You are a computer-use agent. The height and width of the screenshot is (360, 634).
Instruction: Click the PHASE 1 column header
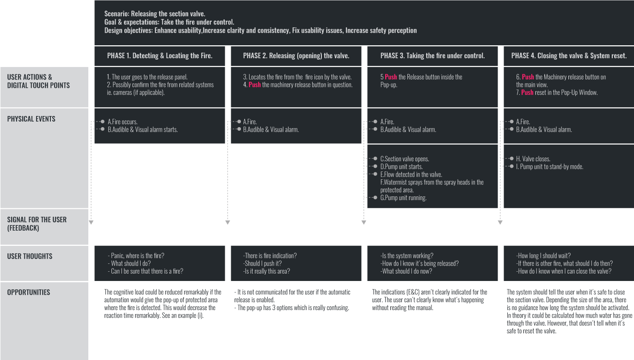[x=160, y=56]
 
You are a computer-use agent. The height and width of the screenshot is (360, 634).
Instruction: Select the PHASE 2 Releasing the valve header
[x=296, y=56]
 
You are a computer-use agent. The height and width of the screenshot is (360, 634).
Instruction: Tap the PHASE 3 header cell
[x=432, y=56]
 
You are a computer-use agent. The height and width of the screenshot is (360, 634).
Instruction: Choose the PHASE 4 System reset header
[x=569, y=56]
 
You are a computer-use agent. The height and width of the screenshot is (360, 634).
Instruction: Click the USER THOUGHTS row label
[x=30, y=256]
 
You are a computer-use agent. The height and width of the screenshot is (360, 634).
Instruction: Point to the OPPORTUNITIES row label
[x=29, y=293]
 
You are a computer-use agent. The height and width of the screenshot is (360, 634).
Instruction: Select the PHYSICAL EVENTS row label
[x=31, y=119]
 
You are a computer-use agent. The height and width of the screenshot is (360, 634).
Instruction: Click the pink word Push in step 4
[x=254, y=85]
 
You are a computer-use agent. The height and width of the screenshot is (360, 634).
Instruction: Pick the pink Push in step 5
[x=391, y=77]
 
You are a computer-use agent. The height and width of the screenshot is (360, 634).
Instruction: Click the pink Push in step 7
[x=527, y=92]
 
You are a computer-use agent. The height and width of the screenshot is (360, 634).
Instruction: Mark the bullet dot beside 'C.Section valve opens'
[x=375, y=159]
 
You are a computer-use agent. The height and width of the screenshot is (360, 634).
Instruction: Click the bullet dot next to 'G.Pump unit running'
[x=375, y=197]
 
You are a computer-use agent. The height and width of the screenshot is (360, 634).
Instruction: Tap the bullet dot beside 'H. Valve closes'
[x=512, y=159]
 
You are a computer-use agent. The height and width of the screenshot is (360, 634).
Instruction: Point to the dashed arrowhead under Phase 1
[x=91, y=223]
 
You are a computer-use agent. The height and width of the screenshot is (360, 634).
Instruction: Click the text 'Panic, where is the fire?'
[x=137, y=256]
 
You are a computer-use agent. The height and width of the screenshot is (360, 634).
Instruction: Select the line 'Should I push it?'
[x=262, y=263]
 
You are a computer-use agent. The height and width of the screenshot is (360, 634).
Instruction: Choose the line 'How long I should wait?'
[x=543, y=256]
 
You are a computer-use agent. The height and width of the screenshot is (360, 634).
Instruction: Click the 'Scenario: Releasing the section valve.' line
[x=155, y=13]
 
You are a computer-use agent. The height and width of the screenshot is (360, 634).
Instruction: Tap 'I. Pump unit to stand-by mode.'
[x=550, y=166]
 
